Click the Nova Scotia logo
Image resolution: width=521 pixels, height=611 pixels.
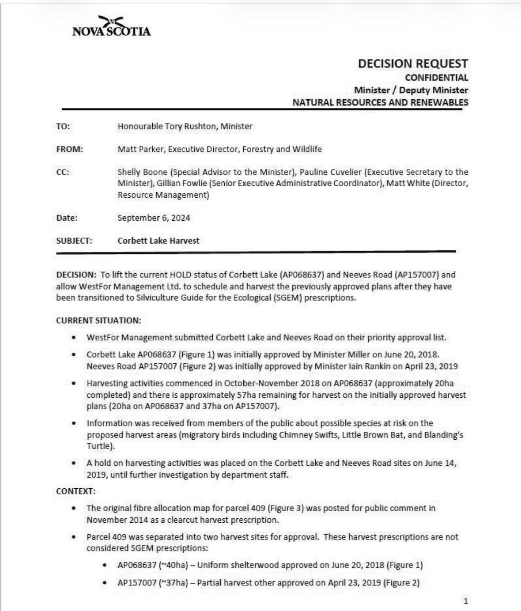tap(111, 26)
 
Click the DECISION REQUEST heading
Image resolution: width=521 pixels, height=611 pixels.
tap(412, 64)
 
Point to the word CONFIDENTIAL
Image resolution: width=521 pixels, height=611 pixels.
tap(436, 78)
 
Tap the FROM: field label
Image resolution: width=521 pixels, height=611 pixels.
tap(69, 149)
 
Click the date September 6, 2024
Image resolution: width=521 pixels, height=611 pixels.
tap(154, 218)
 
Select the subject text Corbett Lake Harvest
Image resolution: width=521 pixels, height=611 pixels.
tap(158, 241)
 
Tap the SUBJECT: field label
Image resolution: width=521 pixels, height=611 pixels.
tap(74, 241)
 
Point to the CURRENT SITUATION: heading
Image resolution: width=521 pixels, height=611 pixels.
tap(98, 321)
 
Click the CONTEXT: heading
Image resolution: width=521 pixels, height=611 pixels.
tap(76, 491)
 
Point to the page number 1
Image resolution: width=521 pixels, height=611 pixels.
tap(465, 601)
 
